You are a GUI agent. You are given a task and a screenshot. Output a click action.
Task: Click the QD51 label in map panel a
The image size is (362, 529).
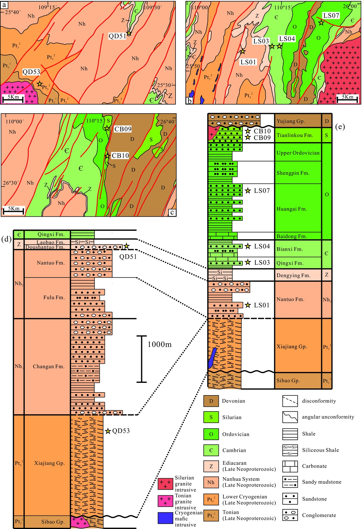117,36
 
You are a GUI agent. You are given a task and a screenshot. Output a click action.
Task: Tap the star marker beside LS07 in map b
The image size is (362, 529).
321,23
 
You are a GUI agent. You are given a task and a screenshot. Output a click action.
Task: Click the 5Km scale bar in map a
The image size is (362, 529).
13,99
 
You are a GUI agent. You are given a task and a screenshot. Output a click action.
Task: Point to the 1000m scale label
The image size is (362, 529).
159,344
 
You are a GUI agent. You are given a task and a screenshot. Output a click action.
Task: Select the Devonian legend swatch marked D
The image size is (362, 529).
211,401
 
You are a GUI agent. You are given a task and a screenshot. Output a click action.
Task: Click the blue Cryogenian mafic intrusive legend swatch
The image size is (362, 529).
165,518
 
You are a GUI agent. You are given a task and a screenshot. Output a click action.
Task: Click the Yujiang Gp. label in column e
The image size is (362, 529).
291,121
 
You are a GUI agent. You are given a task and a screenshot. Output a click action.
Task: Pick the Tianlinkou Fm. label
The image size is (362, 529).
295,135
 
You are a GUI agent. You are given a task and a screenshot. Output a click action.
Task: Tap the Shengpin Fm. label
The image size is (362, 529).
293,173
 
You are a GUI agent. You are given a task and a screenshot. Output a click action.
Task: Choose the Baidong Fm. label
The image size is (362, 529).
292,236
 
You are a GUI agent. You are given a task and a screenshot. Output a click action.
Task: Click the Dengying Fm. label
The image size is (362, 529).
293,275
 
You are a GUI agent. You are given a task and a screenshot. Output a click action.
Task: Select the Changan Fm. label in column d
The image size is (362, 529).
48,366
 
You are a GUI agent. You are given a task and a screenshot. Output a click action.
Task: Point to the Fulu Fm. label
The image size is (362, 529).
54,297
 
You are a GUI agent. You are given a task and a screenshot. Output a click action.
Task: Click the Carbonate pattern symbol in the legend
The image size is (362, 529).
290,466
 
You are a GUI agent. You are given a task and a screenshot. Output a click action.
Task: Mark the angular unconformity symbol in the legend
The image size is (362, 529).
290,417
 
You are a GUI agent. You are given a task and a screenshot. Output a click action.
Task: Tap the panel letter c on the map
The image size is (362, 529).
172,212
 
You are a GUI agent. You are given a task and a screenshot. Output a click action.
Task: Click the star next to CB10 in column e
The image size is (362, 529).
248,131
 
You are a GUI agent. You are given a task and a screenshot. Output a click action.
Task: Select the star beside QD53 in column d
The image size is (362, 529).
108,431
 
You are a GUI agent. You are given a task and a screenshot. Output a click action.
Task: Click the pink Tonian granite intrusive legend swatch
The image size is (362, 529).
165,501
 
